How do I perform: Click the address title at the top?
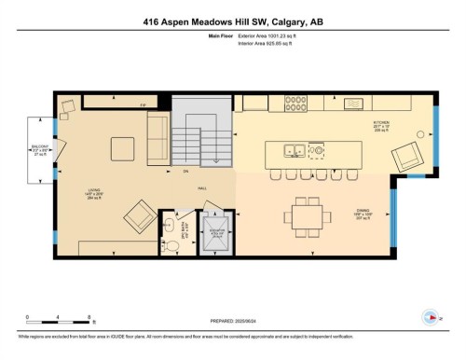232,21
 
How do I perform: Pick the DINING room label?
363,213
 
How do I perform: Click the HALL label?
201,187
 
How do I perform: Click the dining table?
308,215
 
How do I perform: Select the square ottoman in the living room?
122,148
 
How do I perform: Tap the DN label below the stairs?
185,172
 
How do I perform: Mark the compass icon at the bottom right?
430,316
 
